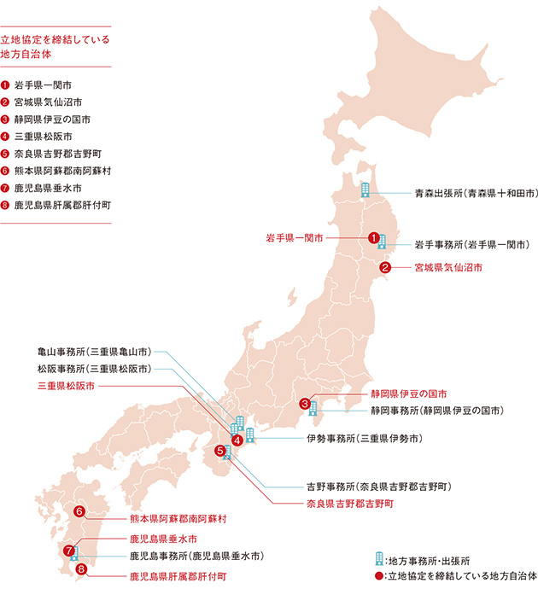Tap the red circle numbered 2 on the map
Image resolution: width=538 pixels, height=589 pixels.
(x=386, y=266)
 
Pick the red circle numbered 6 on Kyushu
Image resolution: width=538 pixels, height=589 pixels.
(x=79, y=511)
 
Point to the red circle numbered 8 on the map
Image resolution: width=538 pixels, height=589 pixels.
(x=81, y=569)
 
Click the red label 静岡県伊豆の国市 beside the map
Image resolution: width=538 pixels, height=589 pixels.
(x=408, y=394)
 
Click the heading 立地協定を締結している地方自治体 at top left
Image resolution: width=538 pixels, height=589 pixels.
(x=56, y=46)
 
